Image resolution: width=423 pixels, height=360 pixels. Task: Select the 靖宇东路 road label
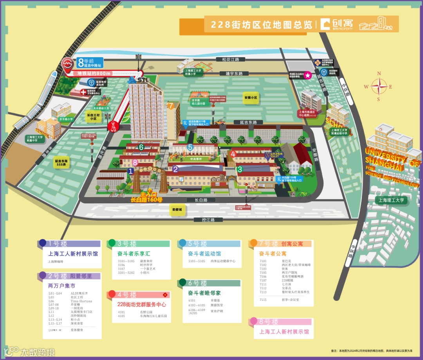231,73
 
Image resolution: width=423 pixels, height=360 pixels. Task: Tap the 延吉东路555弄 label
61,163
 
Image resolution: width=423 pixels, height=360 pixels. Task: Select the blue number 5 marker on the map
190,147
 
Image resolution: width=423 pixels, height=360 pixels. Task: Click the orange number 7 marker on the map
170,105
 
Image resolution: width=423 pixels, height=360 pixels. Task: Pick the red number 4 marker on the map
233,154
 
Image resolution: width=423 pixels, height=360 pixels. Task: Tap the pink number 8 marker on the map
135,161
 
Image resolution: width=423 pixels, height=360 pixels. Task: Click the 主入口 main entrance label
148,194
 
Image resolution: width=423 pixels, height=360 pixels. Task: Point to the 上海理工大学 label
391,200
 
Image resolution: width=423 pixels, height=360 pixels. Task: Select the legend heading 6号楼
198,283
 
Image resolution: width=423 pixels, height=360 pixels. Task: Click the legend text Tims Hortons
81,301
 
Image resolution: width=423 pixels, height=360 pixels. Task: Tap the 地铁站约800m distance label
94,73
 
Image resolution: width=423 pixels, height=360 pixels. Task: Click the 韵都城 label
177,210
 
